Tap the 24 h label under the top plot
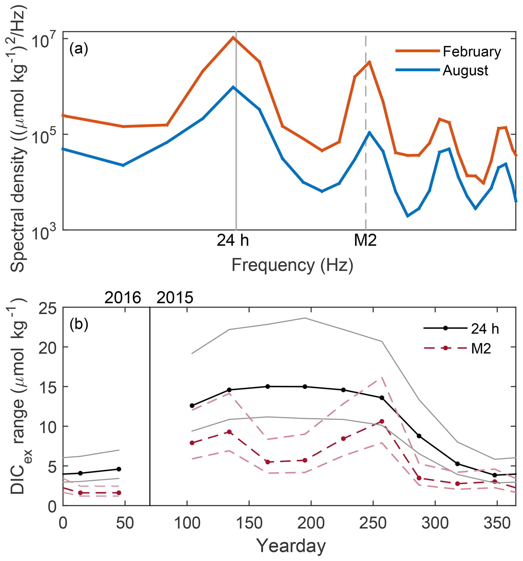point(233,241)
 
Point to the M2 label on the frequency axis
point(365,241)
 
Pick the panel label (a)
point(79,49)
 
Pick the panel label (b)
point(79,324)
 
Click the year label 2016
point(123,298)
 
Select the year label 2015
point(175,298)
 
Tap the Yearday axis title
point(291,546)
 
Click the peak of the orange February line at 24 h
point(233,37)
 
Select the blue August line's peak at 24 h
point(233,87)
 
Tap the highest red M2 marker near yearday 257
point(382,421)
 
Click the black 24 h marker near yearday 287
point(419,436)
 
